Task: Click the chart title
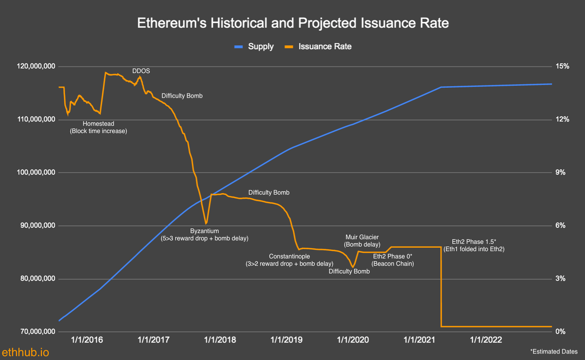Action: click(292, 23)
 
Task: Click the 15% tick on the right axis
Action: click(563, 66)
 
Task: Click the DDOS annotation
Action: click(141, 71)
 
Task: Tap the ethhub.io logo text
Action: click(25, 352)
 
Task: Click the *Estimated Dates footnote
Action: click(554, 351)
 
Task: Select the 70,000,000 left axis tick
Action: click(33, 332)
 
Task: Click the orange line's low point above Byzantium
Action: click(206, 223)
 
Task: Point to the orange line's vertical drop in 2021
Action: click(441, 288)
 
